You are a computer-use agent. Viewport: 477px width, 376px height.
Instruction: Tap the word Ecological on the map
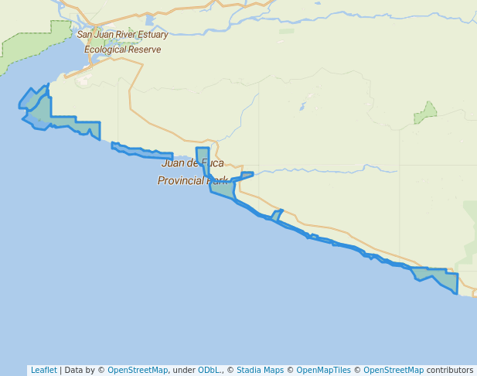coord(107,50)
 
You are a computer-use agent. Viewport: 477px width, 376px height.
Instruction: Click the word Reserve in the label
coord(146,50)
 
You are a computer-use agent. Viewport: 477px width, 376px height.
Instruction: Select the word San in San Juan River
coord(85,35)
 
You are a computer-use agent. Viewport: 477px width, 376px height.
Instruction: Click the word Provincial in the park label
coord(182,181)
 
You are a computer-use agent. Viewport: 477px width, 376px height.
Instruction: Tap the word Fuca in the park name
coord(213,163)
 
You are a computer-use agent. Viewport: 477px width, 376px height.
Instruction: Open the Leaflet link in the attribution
coord(44,370)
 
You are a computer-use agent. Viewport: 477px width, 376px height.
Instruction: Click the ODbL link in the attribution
coord(210,370)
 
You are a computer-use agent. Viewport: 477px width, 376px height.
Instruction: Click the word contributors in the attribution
coord(450,370)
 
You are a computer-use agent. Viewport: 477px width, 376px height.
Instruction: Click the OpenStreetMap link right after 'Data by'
coord(138,370)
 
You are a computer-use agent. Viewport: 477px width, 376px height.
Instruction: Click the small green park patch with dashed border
coord(425,114)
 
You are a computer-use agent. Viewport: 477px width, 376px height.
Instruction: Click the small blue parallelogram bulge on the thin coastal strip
coord(277,216)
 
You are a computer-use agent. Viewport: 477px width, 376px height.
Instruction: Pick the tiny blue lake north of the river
coord(302,106)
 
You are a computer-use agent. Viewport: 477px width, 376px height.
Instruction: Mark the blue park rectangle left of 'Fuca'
coord(202,156)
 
